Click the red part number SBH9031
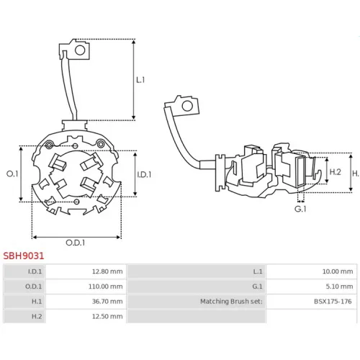pyautogui.click(x=24, y=256)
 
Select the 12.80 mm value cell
pyautogui.click(x=86, y=271)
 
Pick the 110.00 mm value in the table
pyautogui.click(x=86, y=287)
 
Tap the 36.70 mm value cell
pyautogui.click(x=86, y=301)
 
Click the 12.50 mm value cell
pyautogui.click(x=86, y=316)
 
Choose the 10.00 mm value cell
pyautogui.click(x=312, y=271)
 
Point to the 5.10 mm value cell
pyautogui.click(x=312, y=287)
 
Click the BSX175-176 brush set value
pyautogui.click(x=333, y=302)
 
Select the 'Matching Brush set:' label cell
pyautogui.click(x=197, y=301)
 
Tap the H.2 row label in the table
pyautogui.click(x=37, y=316)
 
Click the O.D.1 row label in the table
pyautogui.click(x=33, y=287)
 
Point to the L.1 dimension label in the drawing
pyautogui.click(x=140, y=80)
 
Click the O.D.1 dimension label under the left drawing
pyautogui.click(x=76, y=243)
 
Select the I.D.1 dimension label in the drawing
pyautogui.click(x=144, y=174)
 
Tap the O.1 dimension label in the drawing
pyautogui.click(x=12, y=174)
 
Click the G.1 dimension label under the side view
pyautogui.click(x=300, y=209)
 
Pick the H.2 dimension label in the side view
pyautogui.click(x=335, y=172)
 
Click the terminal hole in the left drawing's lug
pyautogui.click(x=80, y=50)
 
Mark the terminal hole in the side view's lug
pyautogui.click(x=187, y=106)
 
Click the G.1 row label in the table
pyautogui.click(x=257, y=287)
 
